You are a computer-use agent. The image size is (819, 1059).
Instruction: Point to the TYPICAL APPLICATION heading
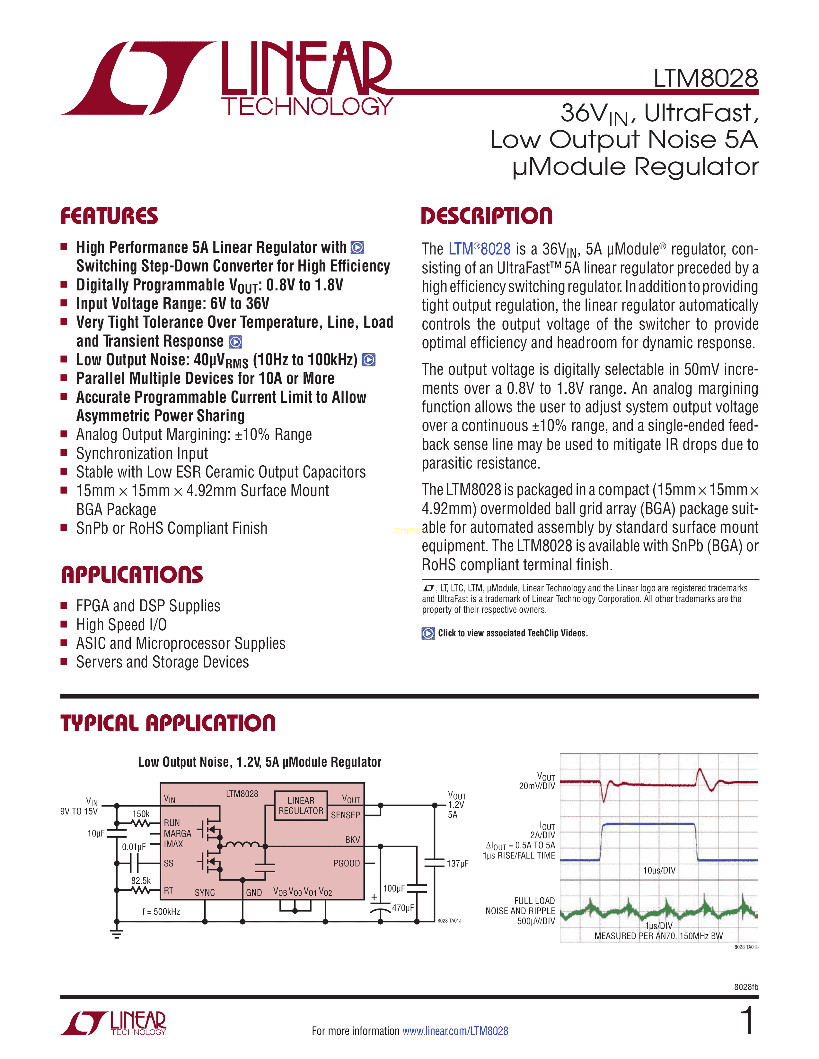(168, 723)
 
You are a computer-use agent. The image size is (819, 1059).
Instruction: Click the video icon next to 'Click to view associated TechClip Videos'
(428, 633)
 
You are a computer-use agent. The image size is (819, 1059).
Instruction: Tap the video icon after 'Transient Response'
(235, 342)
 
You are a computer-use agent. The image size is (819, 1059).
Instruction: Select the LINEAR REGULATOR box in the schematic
(301, 805)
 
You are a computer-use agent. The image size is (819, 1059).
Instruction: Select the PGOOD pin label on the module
(347, 863)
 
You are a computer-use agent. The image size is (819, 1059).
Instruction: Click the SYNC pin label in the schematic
(205, 893)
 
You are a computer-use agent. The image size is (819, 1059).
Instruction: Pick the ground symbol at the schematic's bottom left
(117, 934)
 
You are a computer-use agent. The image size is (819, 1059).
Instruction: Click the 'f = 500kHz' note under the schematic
(161, 912)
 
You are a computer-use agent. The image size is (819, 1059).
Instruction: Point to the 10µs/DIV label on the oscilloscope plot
(659, 870)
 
